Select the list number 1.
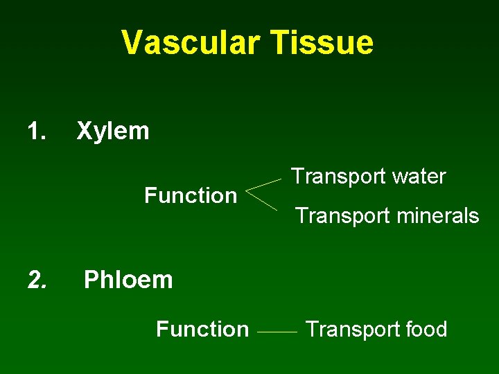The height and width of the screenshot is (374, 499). pyautogui.click(x=36, y=131)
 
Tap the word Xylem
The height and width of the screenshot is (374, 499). pyautogui.click(x=113, y=131)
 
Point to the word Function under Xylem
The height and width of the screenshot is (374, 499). pyautogui.click(x=191, y=196)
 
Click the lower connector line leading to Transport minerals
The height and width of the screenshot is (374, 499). pyautogui.click(x=263, y=202)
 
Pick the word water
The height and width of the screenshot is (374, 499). pyautogui.click(x=418, y=177)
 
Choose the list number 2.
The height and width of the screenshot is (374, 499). pyautogui.click(x=37, y=280)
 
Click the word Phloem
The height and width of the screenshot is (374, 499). pyautogui.click(x=128, y=280)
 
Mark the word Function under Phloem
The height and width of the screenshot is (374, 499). pyautogui.click(x=202, y=329)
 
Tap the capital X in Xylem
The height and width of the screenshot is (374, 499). pyautogui.click(x=84, y=131)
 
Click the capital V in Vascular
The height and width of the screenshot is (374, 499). pyautogui.click(x=131, y=42)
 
